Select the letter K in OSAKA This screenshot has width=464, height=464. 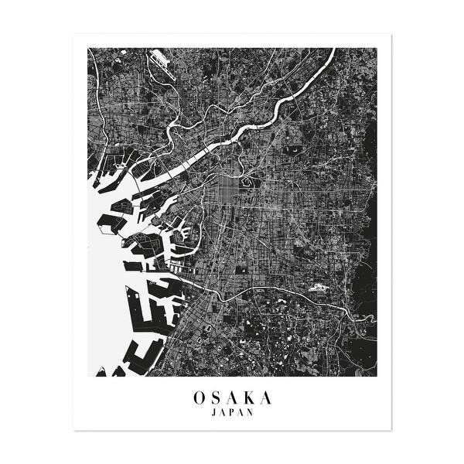[249, 398]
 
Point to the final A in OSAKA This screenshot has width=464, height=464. [266, 398]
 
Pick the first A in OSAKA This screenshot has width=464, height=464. [232, 398]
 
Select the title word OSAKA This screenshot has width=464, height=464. [232, 398]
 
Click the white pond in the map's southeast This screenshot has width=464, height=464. [316, 289]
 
